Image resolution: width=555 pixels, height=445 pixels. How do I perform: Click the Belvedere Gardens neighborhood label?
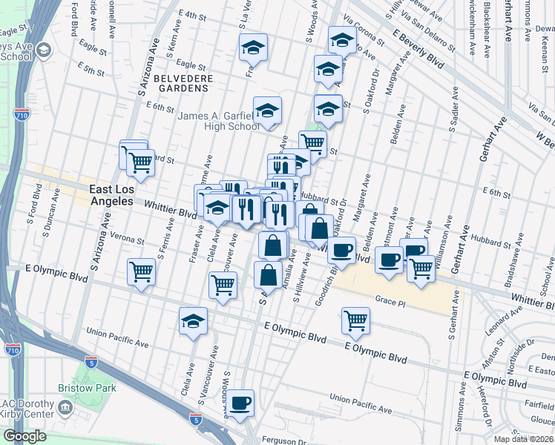pos(183,83)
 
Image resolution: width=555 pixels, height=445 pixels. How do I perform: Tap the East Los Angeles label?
pos(112,195)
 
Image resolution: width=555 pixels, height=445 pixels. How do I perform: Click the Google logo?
pos(24,436)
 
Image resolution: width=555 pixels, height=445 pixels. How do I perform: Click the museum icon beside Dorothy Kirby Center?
pos(65,406)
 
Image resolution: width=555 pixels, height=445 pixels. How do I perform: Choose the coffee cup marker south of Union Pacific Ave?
pos(240,403)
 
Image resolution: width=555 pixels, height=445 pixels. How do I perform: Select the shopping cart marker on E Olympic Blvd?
pos(356,320)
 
